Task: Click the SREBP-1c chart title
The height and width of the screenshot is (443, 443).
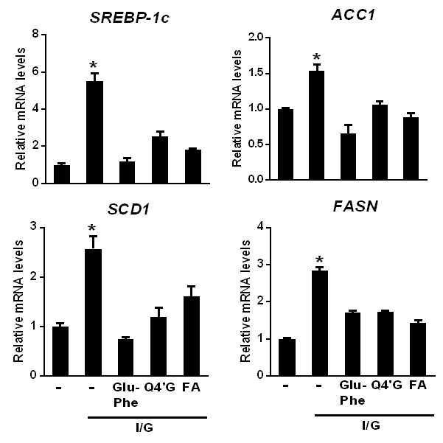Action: coord(130,18)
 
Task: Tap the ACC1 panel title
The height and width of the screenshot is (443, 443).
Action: coord(353,15)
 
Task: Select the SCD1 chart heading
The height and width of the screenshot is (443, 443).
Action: coord(128,209)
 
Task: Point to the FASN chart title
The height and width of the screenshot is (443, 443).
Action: coord(355,206)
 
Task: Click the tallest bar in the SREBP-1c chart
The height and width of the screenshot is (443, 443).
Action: coord(94,132)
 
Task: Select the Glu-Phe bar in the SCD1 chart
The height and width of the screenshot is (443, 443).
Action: coord(125,357)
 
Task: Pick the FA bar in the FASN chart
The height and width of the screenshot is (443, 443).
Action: coord(418,349)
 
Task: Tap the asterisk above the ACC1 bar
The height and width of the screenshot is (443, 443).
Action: coord(317,57)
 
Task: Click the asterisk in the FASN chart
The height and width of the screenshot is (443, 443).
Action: coord(320,259)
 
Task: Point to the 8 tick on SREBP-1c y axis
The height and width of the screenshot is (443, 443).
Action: coord(35,34)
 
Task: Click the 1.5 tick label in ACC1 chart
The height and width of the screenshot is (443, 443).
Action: coord(256,73)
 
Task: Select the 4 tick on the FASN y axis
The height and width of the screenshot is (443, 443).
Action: coord(260,227)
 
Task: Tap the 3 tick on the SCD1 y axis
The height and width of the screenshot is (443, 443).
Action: coord(34,227)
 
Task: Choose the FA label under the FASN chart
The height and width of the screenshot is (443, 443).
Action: coord(418,385)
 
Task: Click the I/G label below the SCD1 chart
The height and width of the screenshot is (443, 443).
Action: coord(144,428)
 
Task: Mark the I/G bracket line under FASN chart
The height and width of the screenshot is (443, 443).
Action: coord(374,415)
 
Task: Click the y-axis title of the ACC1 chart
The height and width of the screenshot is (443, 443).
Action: coord(237,108)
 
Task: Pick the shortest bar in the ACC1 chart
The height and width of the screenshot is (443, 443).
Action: coord(348,156)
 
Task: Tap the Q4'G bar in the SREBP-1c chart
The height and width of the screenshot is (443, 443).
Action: coord(160,160)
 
